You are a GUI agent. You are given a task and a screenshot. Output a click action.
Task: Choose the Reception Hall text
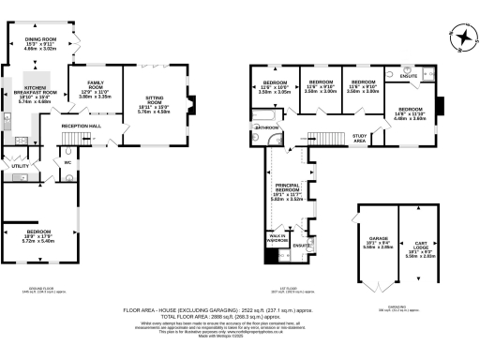[x=82, y=125]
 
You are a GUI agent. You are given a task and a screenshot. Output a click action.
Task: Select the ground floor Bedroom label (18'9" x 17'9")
[x=37, y=230]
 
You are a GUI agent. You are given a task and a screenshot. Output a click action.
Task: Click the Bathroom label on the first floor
[x=265, y=127]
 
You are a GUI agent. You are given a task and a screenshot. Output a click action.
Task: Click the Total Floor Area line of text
[x=239, y=316]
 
